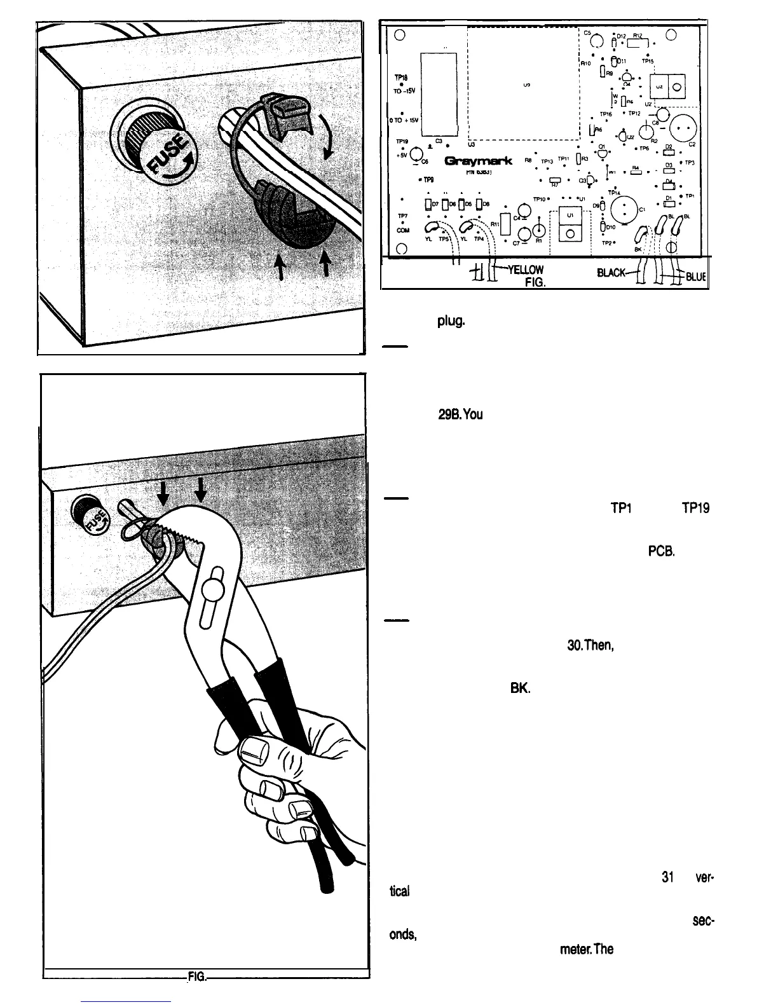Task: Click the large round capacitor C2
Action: pyautogui.click(x=681, y=127)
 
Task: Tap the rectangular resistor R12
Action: pyautogui.click(x=637, y=43)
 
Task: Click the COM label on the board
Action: pyautogui.click(x=402, y=231)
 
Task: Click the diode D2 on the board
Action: pyautogui.click(x=668, y=151)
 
